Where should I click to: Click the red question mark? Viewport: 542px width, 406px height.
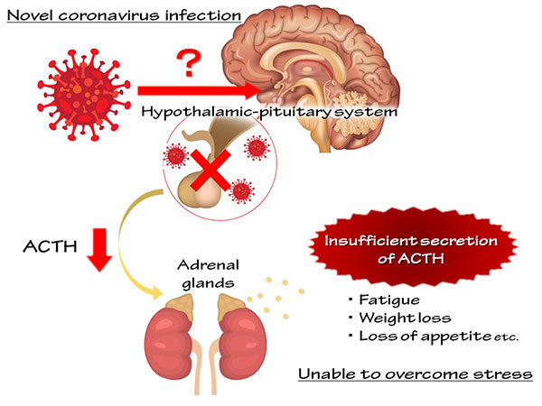tap(189, 63)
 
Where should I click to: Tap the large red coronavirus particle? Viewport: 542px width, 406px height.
tap(84, 95)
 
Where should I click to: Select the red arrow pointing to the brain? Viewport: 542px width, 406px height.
tap(200, 90)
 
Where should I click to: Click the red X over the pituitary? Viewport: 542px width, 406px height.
tap(210, 171)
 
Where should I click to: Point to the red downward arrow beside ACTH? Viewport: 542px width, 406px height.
tap(99, 249)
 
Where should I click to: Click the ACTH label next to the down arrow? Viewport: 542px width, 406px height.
tap(50, 246)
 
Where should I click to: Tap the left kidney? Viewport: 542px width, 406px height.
tap(170, 343)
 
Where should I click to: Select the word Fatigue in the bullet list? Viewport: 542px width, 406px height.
tap(389, 300)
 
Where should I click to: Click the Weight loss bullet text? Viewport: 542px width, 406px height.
tap(405, 318)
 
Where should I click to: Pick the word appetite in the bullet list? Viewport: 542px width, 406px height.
tap(456, 337)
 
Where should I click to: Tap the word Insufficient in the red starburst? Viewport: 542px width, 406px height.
tap(359, 241)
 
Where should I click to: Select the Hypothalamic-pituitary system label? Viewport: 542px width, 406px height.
tap(269, 112)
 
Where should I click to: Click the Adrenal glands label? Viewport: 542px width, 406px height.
tap(209, 274)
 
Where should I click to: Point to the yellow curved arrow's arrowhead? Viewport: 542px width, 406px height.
tap(156, 292)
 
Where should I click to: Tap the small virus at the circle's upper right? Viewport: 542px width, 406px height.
tap(257, 148)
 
